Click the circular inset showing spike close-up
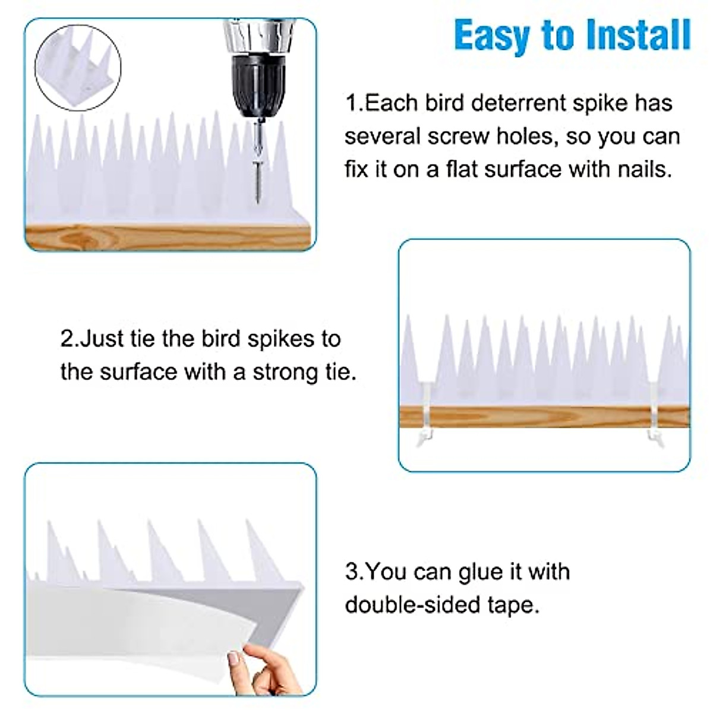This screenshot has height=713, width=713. pos(78,68)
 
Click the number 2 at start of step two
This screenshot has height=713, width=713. pos(67,339)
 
